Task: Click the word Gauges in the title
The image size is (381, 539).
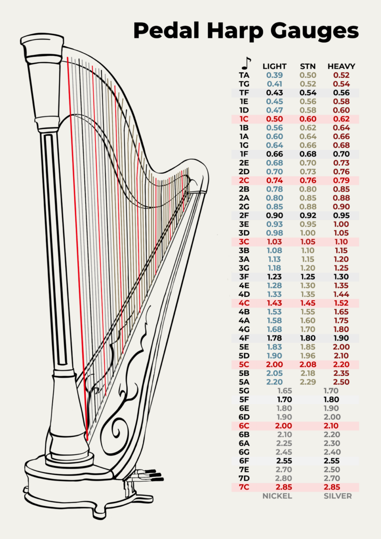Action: click(314, 32)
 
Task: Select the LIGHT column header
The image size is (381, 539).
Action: click(275, 66)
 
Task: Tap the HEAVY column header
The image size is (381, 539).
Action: click(341, 66)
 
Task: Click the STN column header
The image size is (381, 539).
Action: click(308, 66)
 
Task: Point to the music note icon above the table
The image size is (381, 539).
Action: click(246, 63)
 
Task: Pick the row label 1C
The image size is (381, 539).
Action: click(244, 119)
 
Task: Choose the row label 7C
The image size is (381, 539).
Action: click(244, 487)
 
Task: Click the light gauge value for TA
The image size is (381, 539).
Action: click(275, 75)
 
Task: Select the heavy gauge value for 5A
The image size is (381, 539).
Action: click(341, 382)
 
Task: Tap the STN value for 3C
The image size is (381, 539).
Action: click(308, 242)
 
